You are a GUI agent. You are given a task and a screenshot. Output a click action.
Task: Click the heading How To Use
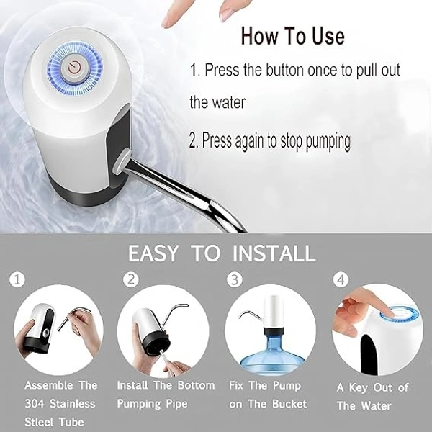click(x=292, y=36)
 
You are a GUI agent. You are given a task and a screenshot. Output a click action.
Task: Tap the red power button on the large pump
click(x=74, y=68)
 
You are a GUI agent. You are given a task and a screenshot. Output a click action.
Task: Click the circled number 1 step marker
click(x=17, y=279)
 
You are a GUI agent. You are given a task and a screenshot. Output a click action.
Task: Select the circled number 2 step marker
click(x=131, y=279)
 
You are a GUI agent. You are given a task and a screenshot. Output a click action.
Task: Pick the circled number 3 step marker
click(x=235, y=279)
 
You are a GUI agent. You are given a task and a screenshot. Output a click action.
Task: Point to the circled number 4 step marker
click(x=341, y=279)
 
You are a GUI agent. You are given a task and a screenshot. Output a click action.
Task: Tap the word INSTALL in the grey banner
click(x=274, y=253)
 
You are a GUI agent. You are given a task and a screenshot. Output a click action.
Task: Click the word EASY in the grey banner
click(x=153, y=253)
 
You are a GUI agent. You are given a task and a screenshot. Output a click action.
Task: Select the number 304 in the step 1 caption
click(x=34, y=404)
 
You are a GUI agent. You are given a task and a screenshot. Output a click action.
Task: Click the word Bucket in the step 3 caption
click(x=289, y=404)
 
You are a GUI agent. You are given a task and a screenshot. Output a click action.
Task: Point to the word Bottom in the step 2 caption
click(x=196, y=385)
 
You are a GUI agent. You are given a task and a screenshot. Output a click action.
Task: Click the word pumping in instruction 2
click(x=328, y=142)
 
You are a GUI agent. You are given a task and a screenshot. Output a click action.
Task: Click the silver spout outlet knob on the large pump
click(x=121, y=161)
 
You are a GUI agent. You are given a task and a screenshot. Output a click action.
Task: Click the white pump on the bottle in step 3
click(x=273, y=311)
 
